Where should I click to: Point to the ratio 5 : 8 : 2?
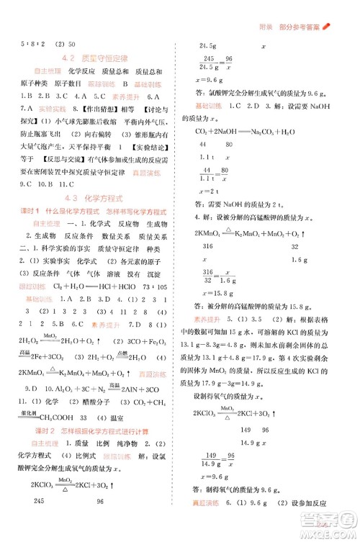18,44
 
